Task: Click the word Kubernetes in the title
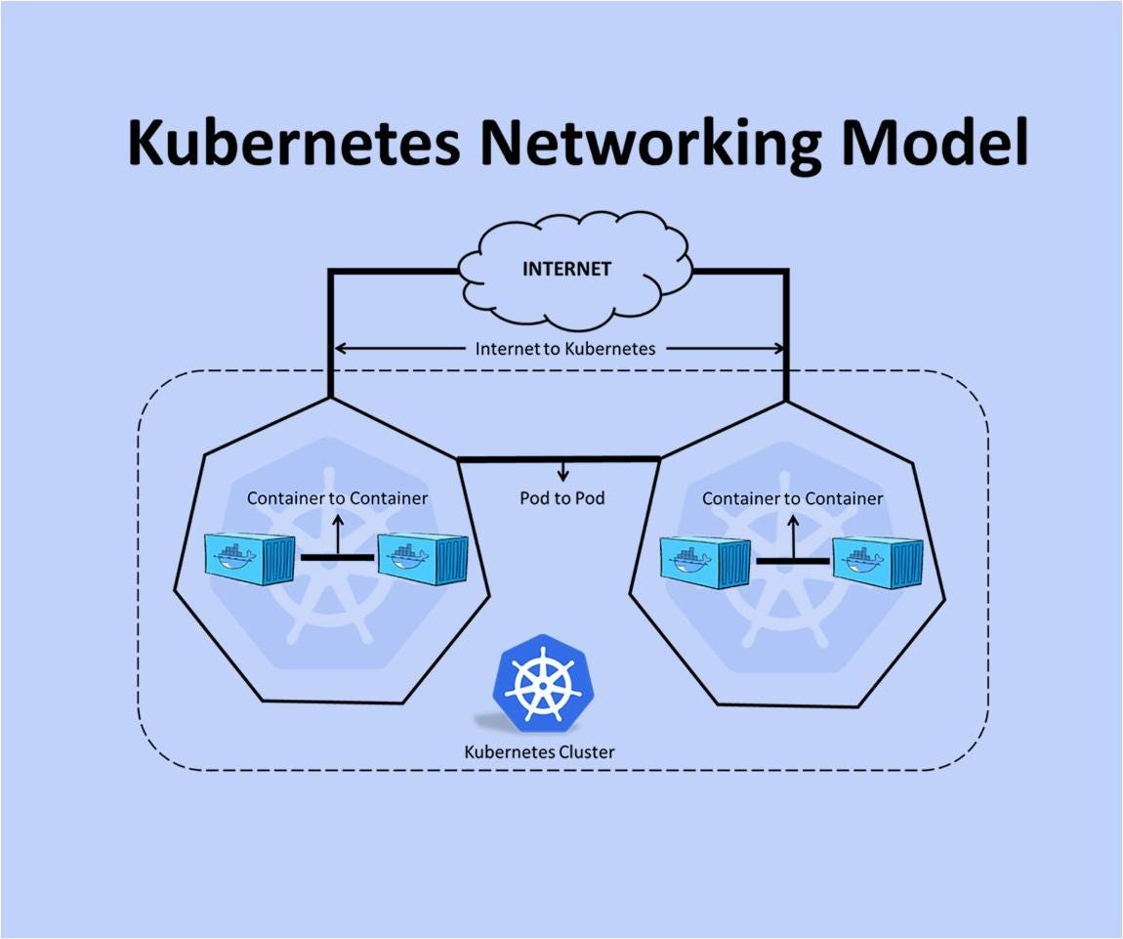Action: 293,143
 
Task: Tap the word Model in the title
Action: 935,143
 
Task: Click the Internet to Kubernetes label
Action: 564,348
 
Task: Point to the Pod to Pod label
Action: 561,498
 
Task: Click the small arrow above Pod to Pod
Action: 562,470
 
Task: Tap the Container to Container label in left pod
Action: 337,498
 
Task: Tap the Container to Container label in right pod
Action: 792,498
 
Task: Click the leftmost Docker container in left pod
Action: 249,559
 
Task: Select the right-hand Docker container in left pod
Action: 409,559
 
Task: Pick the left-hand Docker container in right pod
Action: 705,563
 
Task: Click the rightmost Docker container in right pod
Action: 876,563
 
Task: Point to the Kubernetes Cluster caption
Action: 539,752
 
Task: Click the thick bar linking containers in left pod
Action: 337,557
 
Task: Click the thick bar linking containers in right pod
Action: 792,561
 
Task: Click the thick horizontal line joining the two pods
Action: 559,457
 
